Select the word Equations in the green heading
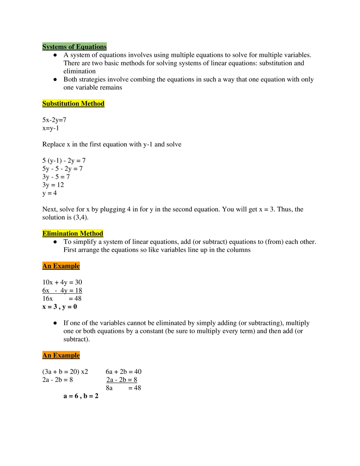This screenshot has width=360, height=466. click(x=90, y=47)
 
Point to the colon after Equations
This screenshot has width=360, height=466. click(x=107, y=47)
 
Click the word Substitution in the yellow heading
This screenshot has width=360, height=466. click(x=61, y=104)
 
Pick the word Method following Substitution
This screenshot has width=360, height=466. click(x=92, y=104)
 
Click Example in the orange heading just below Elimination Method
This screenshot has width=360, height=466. click(x=66, y=266)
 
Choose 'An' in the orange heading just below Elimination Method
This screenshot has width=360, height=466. click(x=47, y=266)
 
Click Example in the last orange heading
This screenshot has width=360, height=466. click(x=66, y=355)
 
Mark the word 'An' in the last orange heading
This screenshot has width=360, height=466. click(x=47, y=355)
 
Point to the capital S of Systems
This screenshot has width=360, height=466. click(x=44, y=47)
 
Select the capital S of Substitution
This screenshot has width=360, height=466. click(x=44, y=104)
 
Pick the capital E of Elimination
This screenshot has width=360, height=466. click(x=45, y=234)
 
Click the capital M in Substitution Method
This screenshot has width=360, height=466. click(x=84, y=104)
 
